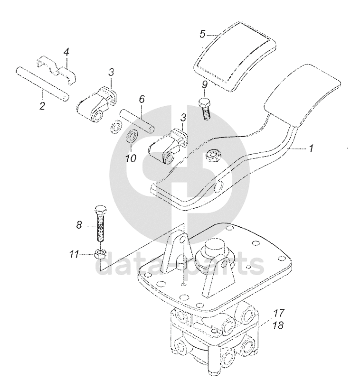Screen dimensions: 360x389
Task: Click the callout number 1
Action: tap(311, 149)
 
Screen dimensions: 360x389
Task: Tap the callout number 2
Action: tap(42, 105)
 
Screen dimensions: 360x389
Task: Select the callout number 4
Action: tap(67, 51)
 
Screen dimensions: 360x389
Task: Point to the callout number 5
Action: tap(202, 34)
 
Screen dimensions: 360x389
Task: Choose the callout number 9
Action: tap(204, 85)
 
